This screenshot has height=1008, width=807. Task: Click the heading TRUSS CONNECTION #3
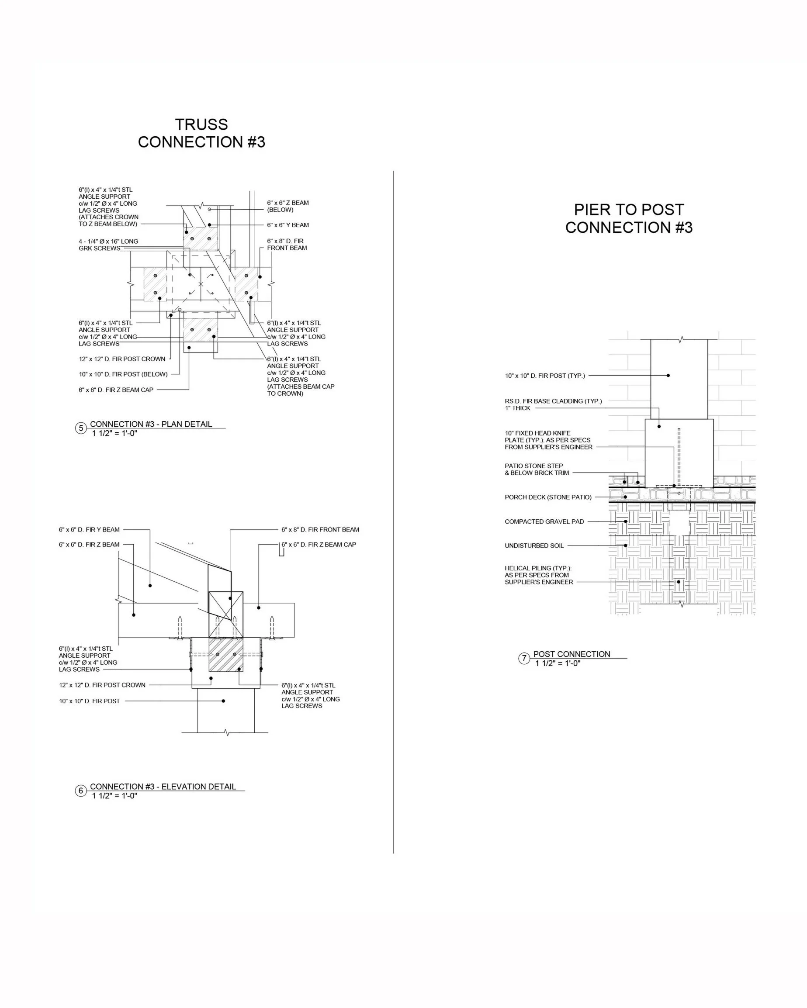coord(201,133)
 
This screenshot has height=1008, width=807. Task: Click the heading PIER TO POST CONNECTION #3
coord(628,218)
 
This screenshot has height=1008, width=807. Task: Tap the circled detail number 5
coord(81,428)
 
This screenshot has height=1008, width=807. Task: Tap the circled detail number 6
coord(81,791)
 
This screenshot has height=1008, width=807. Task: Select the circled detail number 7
coord(524,658)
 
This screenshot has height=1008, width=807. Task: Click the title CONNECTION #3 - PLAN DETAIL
coord(151,424)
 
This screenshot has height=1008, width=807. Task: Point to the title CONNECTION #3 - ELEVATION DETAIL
coord(163,787)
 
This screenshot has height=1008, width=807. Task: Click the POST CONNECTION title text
coord(571,654)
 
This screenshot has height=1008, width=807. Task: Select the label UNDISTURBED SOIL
coord(534,545)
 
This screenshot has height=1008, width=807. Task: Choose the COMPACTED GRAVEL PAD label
coord(544,521)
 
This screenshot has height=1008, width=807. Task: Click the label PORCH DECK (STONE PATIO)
coord(548,497)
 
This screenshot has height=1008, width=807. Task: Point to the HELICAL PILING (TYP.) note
coord(538,575)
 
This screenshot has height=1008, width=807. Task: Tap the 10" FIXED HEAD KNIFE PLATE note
coord(548,440)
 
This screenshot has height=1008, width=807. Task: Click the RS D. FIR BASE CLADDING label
coord(553,404)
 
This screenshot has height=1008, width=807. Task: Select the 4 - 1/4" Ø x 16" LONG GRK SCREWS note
coord(108,245)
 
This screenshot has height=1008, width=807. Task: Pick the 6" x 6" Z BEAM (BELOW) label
coord(287,206)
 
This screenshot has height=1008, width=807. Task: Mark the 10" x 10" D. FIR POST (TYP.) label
coord(544,376)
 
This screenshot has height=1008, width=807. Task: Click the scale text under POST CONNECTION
coord(558,663)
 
